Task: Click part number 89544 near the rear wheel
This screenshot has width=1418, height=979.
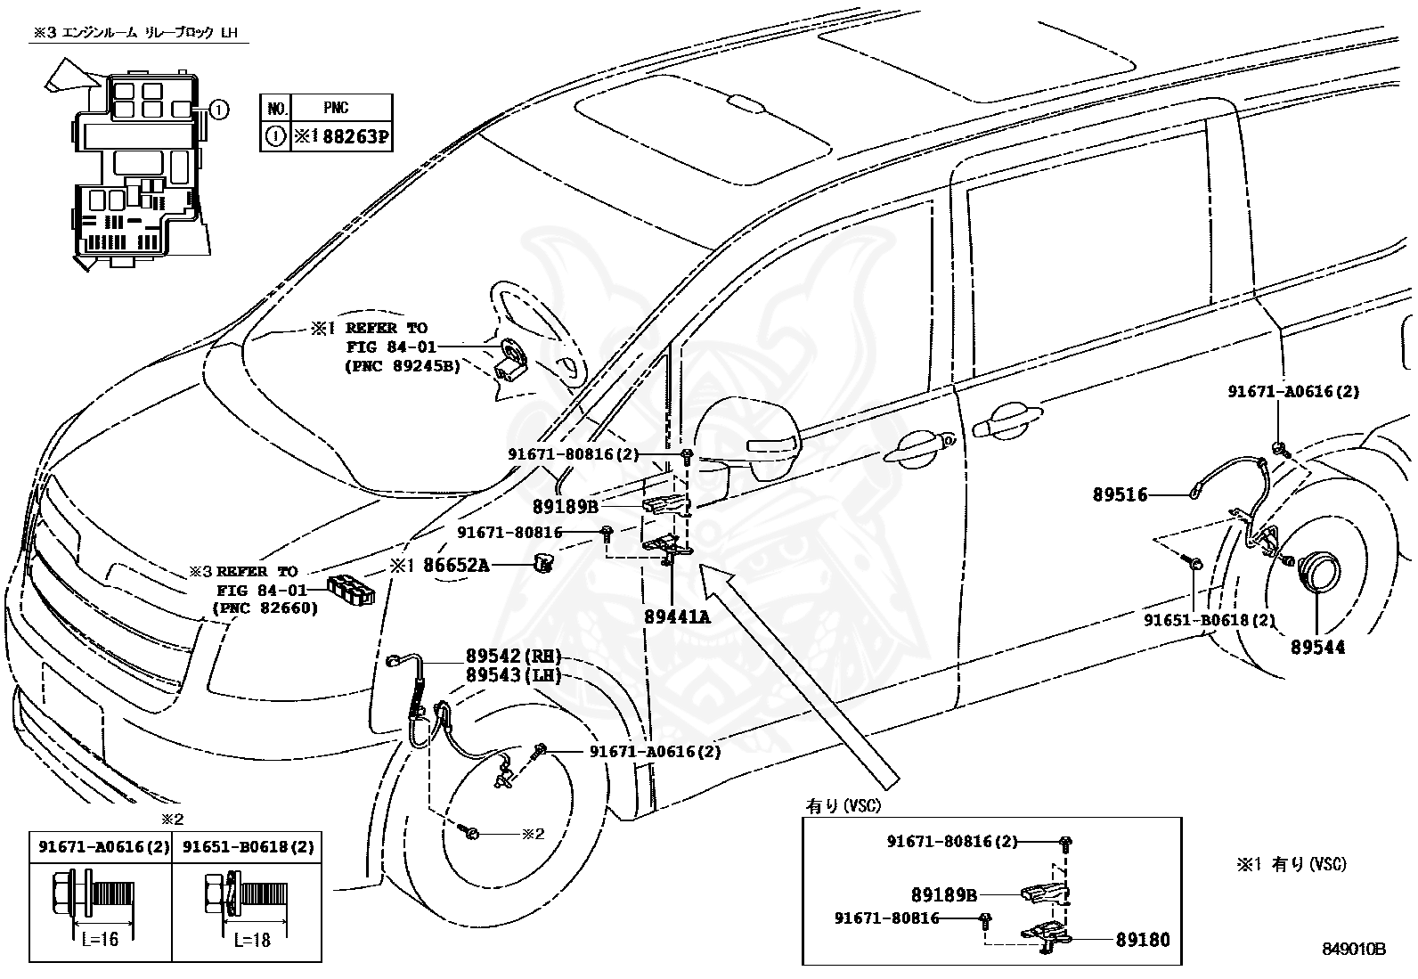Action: pyautogui.click(x=1317, y=648)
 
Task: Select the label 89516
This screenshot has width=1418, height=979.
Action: pyautogui.click(x=1120, y=494)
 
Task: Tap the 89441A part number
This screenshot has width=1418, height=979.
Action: pyautogui.click(x=677, y=616)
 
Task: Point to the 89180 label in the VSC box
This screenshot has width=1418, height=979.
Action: pyautogui.click(x=1143, y=939)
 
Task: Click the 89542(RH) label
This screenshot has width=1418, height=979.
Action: pyautogui.click(x=513, y=656)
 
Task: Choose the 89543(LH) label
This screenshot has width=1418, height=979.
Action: pyautogui.click(x=513, y=674)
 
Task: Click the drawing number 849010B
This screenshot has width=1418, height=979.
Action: pyautogui.click(x=1354, y=949)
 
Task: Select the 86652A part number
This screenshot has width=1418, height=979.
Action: pyautogui.click(x=455, y=564)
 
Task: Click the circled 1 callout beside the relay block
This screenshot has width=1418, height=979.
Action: pyautogui.click(x=219, y=110)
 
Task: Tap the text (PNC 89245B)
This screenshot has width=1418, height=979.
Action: pyautogui.click(x=402, y=365)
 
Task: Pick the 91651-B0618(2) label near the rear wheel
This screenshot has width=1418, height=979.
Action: pyautogui.click(x=1210, y=620)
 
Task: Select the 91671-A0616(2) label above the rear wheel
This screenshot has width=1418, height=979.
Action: pyautogui.click(x=1293, y=391)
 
